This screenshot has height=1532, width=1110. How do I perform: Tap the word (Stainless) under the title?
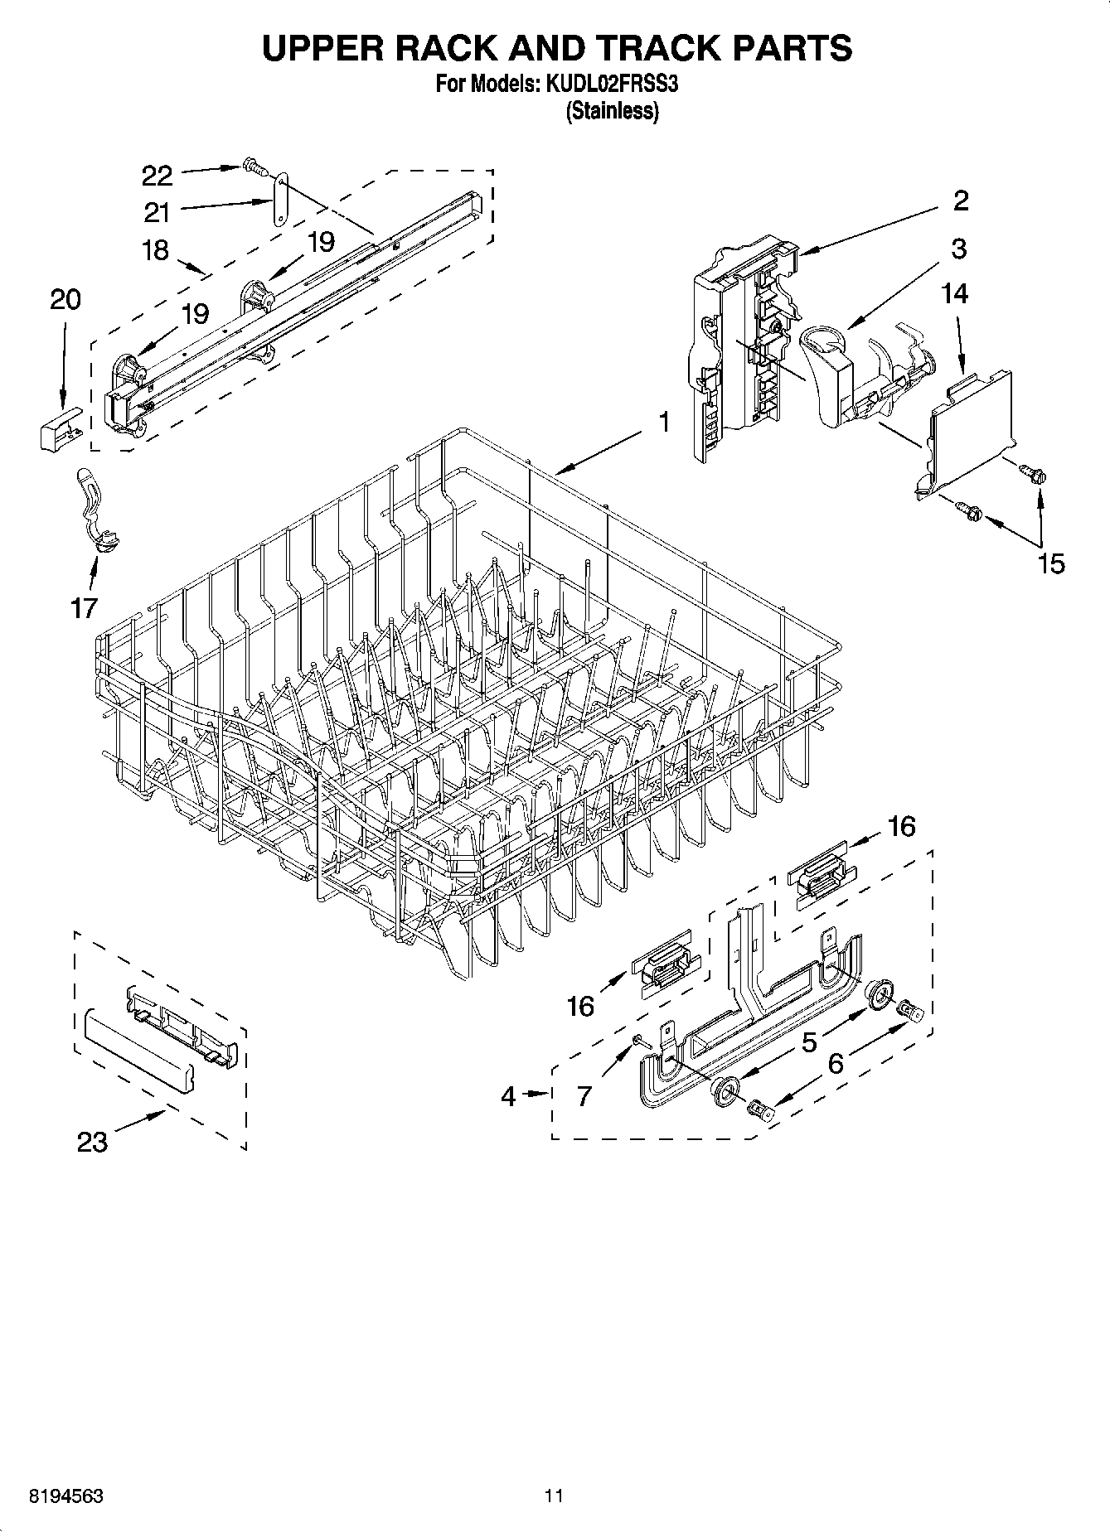point(612,111)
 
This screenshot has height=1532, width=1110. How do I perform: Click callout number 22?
point(157,176)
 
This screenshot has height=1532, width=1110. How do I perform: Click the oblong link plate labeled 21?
point(279,199)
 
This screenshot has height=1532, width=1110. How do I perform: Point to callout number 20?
point(65,299)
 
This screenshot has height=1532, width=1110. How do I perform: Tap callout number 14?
point(954,293)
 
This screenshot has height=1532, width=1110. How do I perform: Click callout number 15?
point(1050,563)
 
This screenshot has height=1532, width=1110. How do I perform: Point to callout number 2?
point(961,201)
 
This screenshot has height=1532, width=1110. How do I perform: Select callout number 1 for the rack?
point(664,422)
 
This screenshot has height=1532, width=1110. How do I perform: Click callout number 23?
point(92,1142)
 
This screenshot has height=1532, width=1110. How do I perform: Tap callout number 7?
point(584,1096)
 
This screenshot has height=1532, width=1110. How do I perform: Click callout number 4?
point(508,1096)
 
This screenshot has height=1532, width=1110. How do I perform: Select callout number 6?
point(835,1062)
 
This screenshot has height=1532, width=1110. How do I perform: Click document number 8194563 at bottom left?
point(66,1496)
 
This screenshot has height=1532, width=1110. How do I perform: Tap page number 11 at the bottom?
point(554,1496)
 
